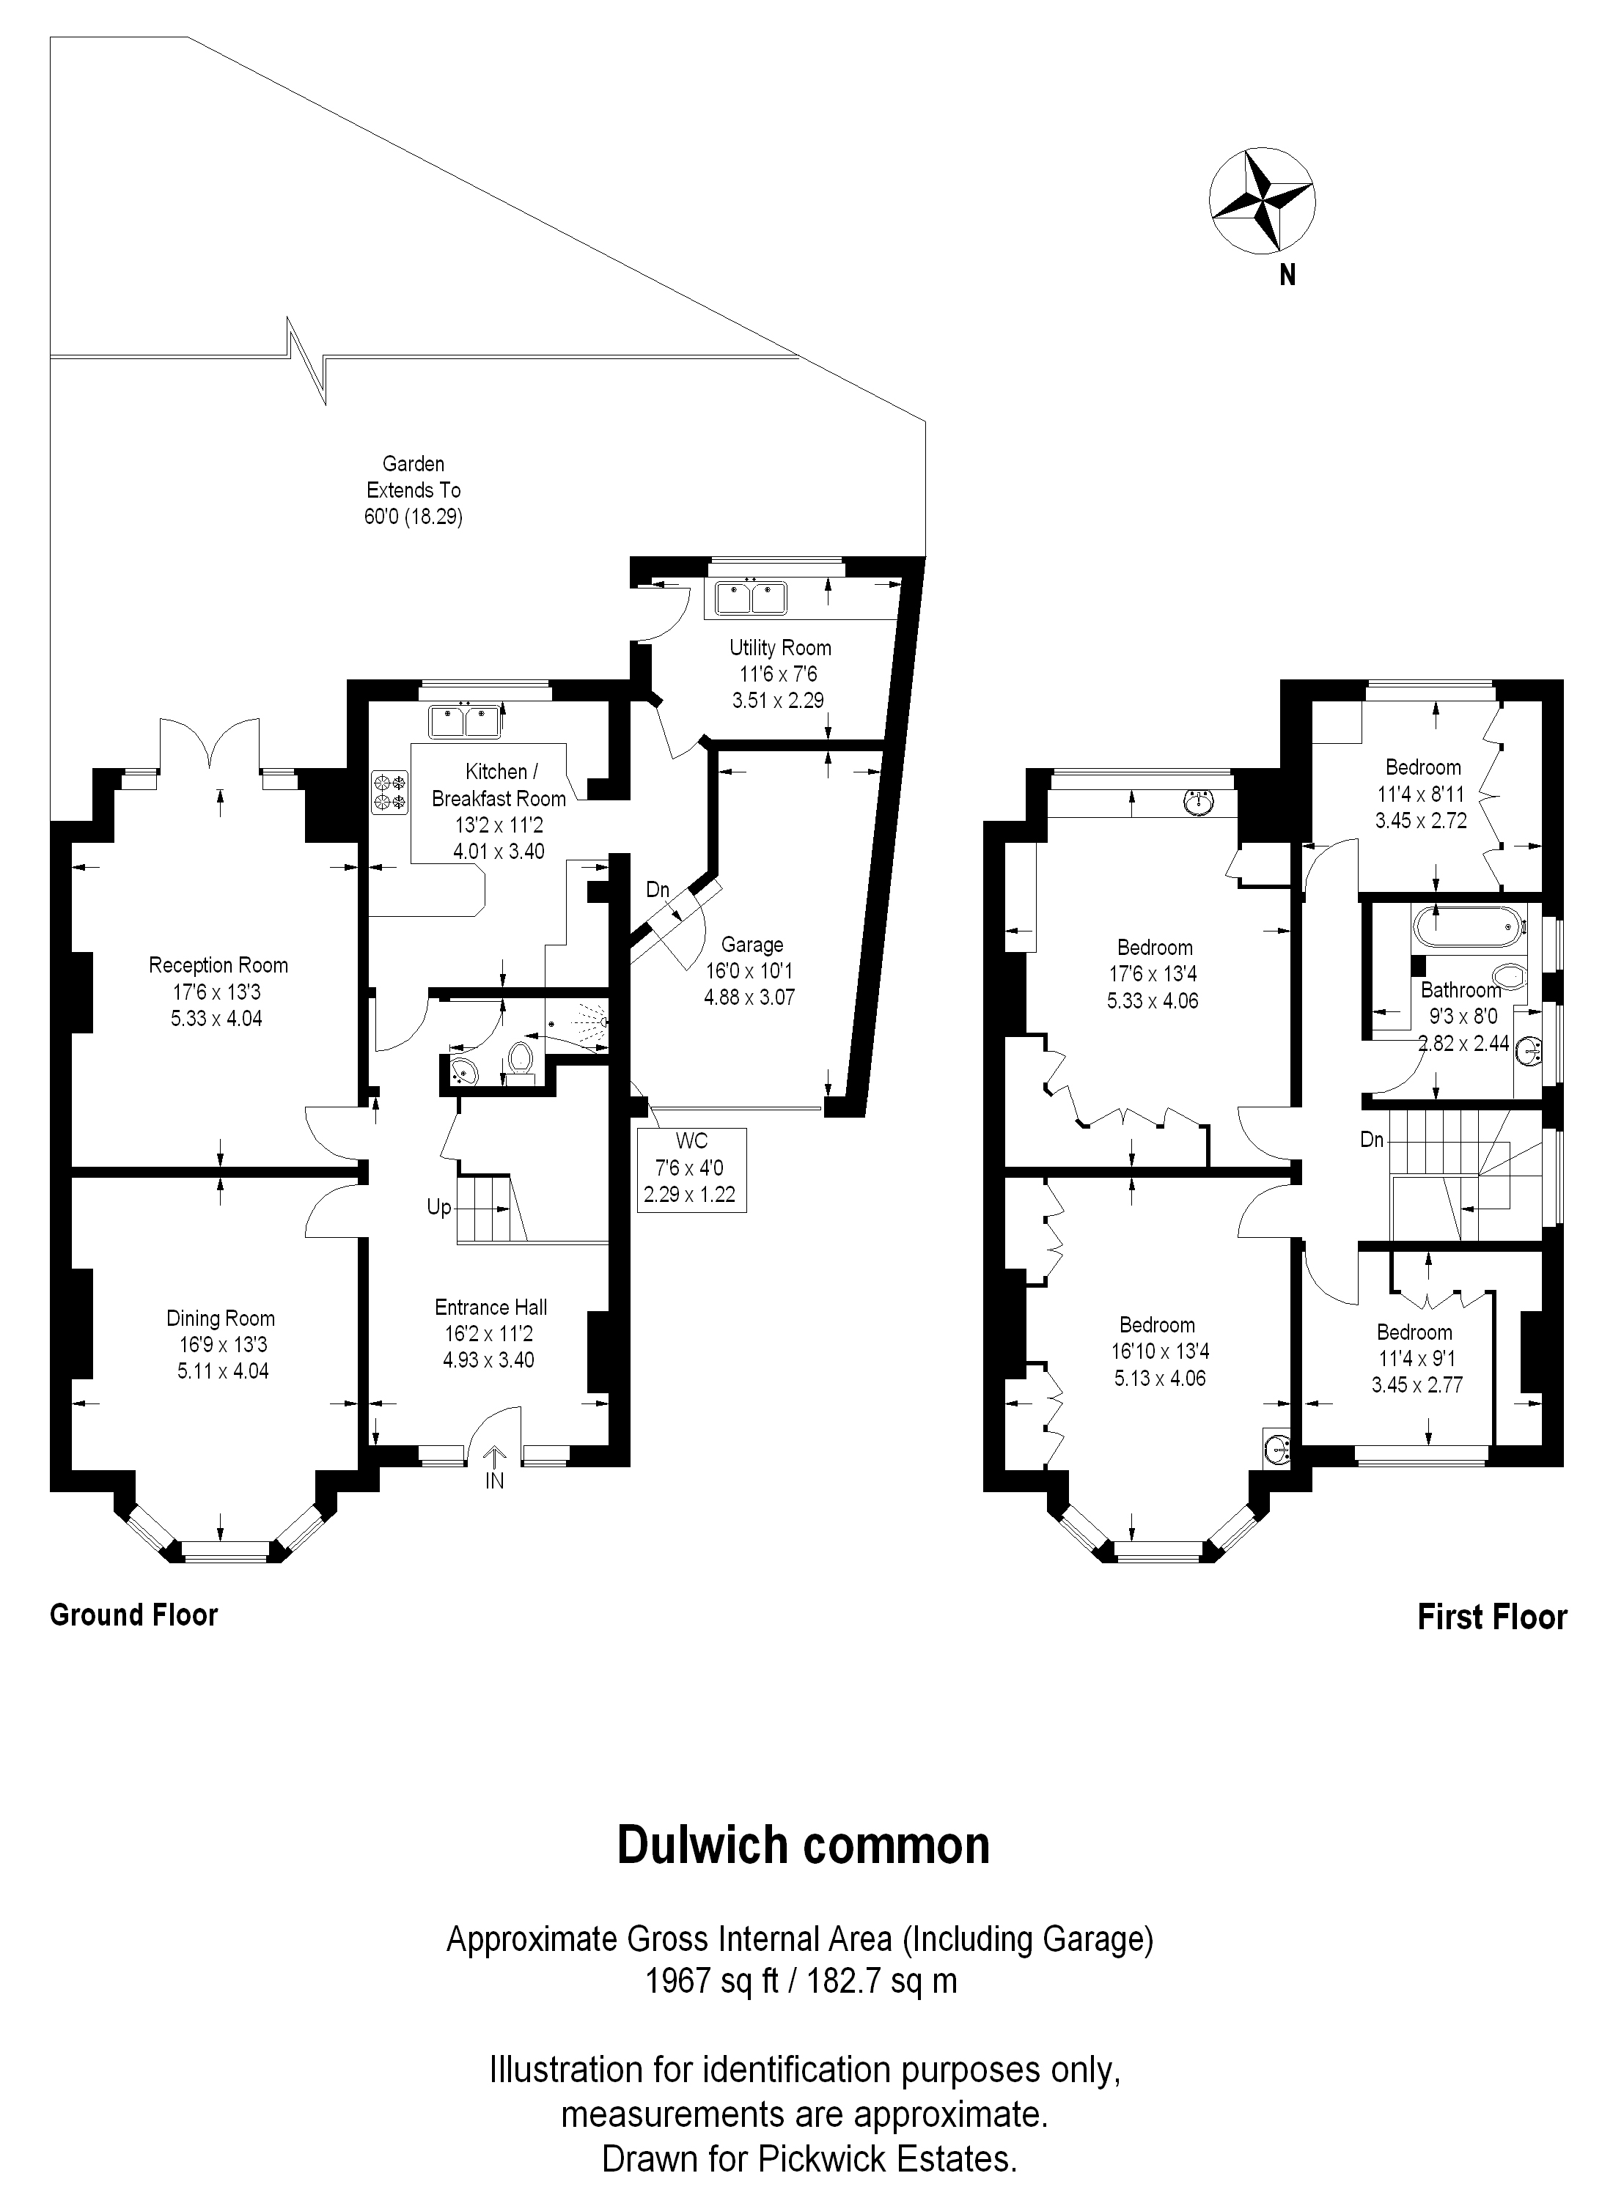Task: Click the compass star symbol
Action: point(1262,202)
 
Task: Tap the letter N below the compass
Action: point(1288,276)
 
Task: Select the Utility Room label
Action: point(780,647)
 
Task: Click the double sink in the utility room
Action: point(750,597)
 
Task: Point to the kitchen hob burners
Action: point(389,792)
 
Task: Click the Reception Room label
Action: point(218,965)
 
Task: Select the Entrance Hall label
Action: point(491,1307)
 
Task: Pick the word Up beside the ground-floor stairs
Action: point(439,1207)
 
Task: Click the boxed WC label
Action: point(691,1169)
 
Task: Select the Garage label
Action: point(752,945)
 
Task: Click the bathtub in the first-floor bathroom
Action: point(1469,924)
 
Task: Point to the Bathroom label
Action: point(1460,989)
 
